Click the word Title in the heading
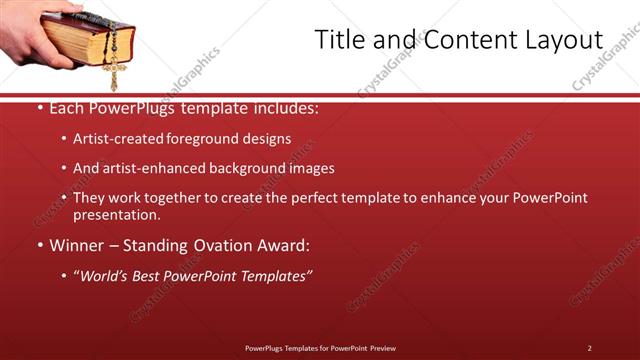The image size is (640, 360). click(x=340, y=40)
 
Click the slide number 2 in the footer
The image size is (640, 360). click(x=589, y=347)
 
